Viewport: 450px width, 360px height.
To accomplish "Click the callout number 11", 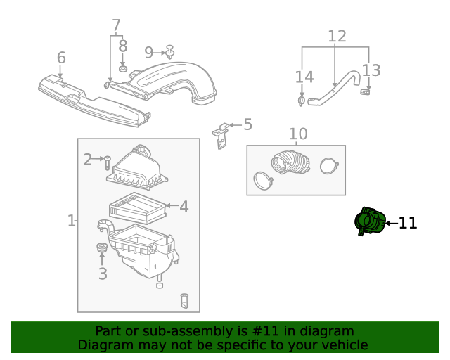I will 408,224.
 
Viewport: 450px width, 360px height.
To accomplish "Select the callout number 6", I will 61,58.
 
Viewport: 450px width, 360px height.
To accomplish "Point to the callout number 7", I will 116,26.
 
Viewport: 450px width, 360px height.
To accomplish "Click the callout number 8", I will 123,46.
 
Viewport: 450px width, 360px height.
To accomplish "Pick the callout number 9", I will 149,52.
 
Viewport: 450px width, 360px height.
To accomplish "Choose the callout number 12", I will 337,36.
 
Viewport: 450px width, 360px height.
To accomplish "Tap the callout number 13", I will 371,70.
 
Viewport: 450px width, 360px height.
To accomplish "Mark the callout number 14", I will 304,77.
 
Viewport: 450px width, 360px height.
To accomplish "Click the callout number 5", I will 247,124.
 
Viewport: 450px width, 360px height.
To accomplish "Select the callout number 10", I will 298,134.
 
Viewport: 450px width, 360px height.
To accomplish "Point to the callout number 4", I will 184,207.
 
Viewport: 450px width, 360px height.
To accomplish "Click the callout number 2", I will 87,160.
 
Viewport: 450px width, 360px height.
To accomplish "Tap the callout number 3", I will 103,274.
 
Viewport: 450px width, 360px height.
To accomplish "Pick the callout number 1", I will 71,221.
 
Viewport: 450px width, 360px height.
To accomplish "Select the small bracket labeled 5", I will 221,135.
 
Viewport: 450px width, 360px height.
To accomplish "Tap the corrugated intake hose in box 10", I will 290,164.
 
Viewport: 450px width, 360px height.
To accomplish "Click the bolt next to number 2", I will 108,163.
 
